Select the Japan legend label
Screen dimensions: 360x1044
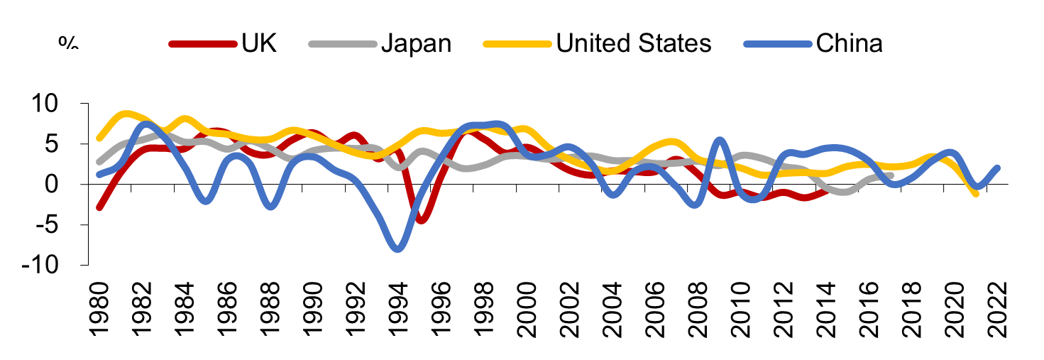[x=416, y=43]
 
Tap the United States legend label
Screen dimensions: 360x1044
[x=634, y=43]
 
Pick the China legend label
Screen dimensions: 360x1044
[x=850, y=43]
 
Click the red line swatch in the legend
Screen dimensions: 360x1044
[x=202, y=44]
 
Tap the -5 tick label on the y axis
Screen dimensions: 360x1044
[x=60, y=225]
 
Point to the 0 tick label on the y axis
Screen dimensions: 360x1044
[x=68, y=185]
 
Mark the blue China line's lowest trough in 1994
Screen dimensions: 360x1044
[x=397, y=248]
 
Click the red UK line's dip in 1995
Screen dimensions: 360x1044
[x=421, y=219]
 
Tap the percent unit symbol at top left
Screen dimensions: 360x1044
[x=68, y=43]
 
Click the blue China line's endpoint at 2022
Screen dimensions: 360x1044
[x=996, y=168]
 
